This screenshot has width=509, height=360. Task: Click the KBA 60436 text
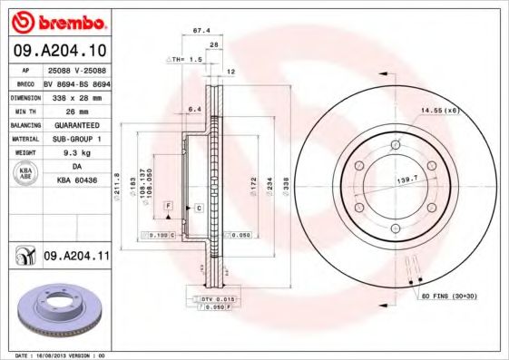pyautogui.click(x=75, y=180)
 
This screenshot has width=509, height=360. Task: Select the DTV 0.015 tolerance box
pyautogui.click(x=219, y=297)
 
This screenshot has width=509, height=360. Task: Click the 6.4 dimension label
pyautogui.click(x=193, y=110)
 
